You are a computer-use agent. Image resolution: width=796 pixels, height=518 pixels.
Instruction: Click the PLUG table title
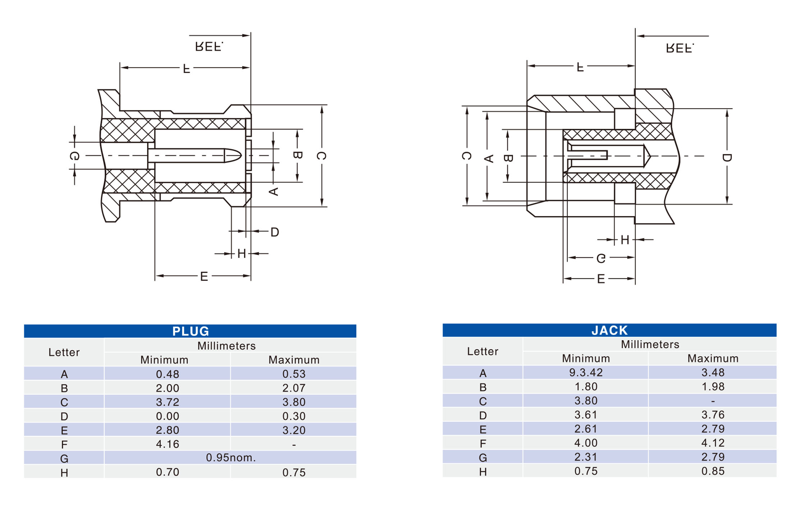(190, 331)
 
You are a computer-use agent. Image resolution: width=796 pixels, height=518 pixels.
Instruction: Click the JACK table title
(609, 330)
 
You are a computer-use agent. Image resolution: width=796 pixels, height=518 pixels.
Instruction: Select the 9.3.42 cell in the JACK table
(586, 372)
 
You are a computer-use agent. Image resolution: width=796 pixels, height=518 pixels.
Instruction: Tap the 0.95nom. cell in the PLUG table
(231, 458)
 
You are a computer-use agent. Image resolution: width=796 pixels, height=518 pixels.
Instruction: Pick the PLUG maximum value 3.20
(294, 430)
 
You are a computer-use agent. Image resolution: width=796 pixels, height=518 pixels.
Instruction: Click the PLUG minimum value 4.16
(167, 444)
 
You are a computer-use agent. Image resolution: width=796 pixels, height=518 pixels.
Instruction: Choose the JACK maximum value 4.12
(713, 443)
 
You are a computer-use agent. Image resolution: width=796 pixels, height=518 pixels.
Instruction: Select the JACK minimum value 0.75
(586, 471)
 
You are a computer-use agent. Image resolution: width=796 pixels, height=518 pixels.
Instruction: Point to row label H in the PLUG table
(64, 473)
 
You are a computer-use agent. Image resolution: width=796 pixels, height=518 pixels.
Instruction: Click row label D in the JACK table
(483, 415)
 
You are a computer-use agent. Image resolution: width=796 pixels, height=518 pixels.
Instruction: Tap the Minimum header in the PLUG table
(164, 360)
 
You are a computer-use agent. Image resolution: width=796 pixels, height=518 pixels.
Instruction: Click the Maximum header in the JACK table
(713, 358)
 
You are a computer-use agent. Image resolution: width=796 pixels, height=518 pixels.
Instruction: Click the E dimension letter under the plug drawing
(204, 276)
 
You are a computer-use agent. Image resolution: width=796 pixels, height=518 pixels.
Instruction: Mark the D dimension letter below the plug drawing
(275, 232)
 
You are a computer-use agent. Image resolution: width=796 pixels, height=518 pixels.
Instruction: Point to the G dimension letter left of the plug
(74, 156)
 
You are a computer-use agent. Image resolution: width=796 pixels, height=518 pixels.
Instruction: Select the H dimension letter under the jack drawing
(625, 240)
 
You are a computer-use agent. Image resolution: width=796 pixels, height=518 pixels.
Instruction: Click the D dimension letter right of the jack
(727, 158)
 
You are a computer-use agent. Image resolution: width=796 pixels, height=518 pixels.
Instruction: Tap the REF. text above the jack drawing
(680, 48)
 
